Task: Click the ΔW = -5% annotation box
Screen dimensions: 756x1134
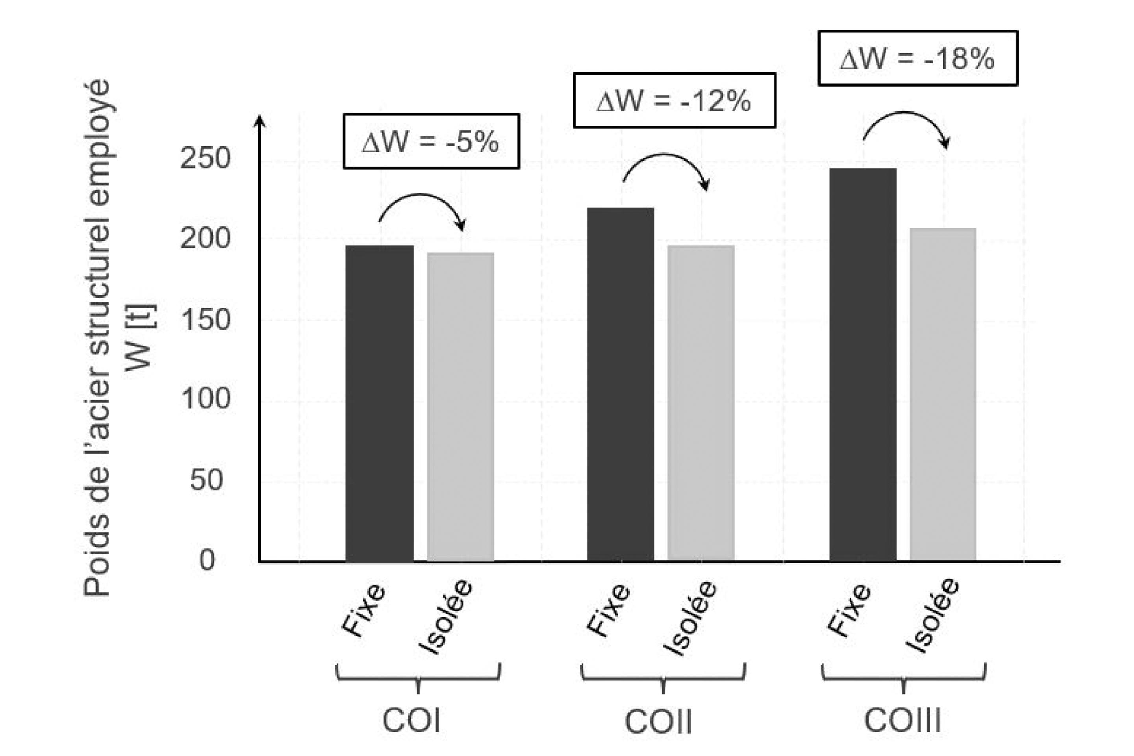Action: pos(431,142)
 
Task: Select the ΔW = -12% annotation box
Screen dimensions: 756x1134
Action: pos(674,101)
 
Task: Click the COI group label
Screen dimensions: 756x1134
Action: pos(411,721)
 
